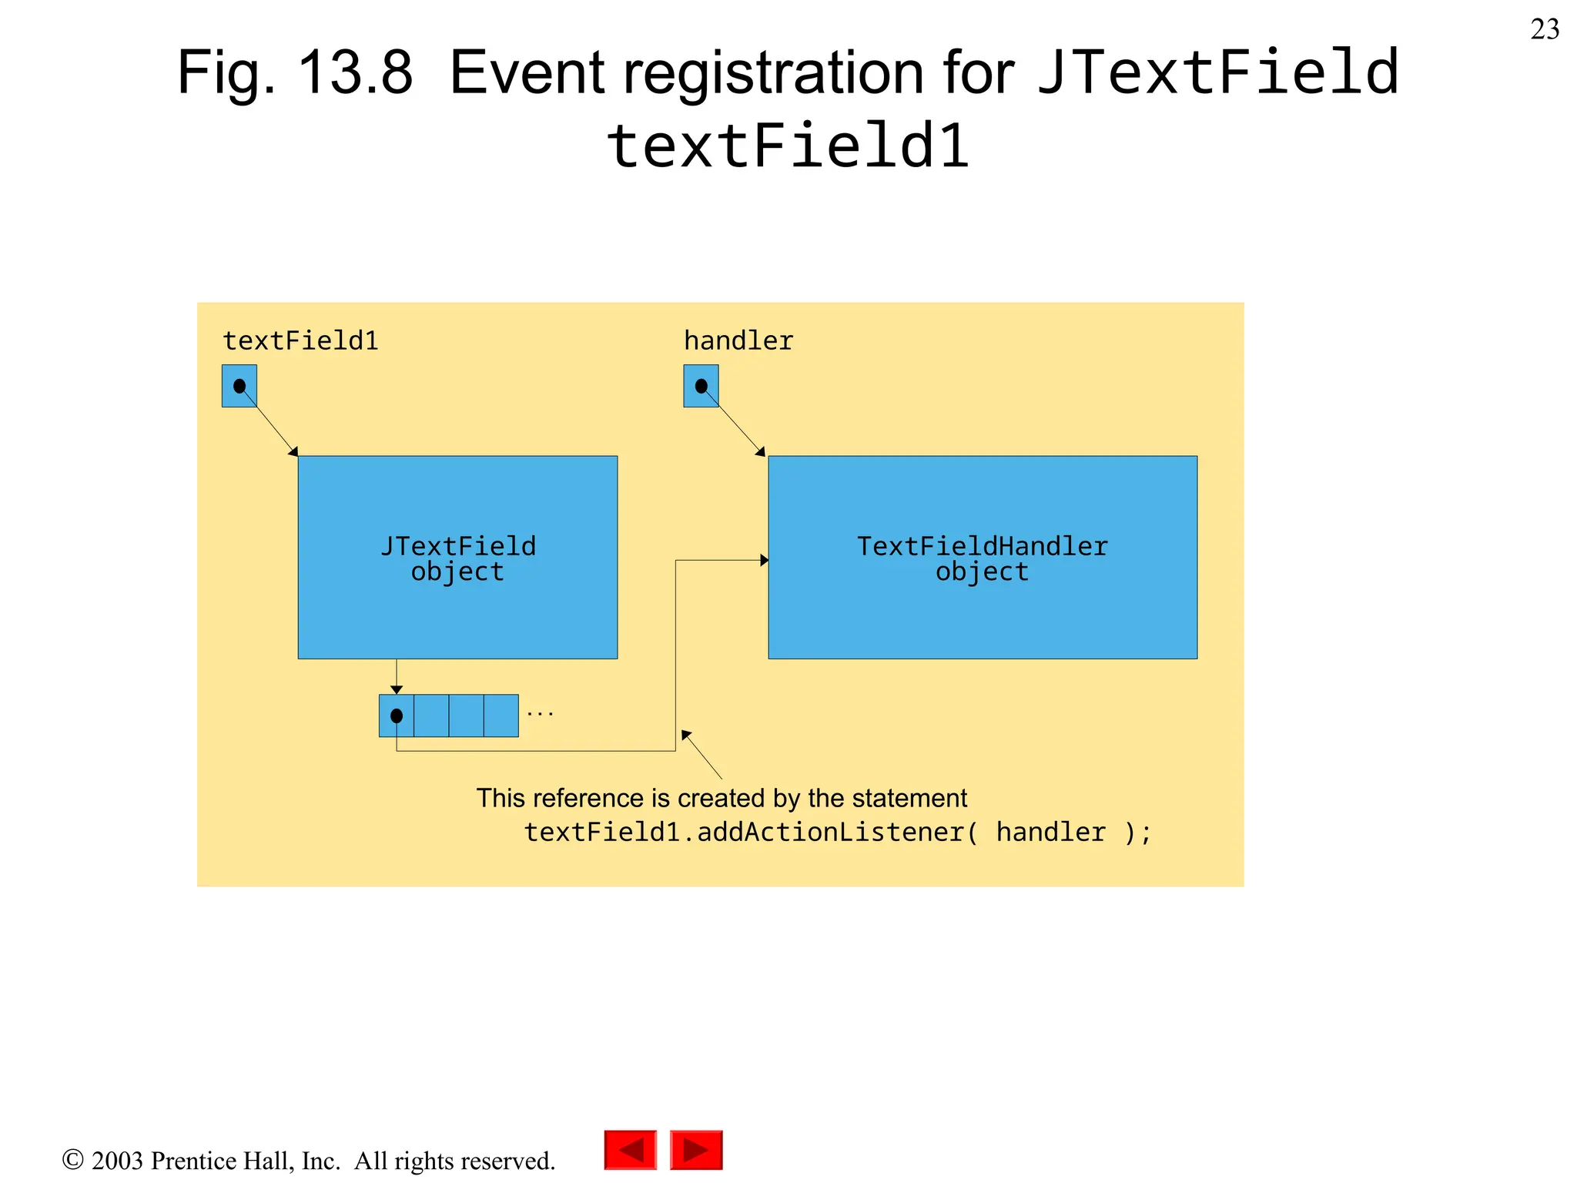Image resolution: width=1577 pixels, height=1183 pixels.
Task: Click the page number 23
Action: [x=1544, y=29]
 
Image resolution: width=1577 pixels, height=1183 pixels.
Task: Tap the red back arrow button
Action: [x=630, y=1150]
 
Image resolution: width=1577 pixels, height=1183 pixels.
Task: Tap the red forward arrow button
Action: [x=696, y=1150]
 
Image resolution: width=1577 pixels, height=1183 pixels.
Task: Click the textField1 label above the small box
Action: [x=300, y=340]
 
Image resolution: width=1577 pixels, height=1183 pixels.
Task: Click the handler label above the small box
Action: [x=738, y=340]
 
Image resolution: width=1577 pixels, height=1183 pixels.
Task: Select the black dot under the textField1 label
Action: [x=239, y=385]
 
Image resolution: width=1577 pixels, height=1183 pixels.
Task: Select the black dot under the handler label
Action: [x=701, y=385]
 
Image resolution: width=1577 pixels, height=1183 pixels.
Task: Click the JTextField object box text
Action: [x=457, y=558]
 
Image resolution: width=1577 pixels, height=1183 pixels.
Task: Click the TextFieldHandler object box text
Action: [x=982, y=558]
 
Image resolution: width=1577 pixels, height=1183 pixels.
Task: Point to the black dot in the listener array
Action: [x=397, y=715]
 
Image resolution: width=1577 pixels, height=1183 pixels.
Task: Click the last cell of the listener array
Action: [x=501, y=715]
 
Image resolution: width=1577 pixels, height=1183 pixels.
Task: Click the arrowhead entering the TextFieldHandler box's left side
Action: [x=764, y=560]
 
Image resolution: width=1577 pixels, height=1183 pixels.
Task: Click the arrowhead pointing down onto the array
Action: [x=397, y=689]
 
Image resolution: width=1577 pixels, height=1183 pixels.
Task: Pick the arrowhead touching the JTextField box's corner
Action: [x=293, y=451]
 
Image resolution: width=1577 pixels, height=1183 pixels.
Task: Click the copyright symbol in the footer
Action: [x=72, y=1159]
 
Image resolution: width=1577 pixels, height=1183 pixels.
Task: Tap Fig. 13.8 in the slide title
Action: [x=295, y=72]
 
